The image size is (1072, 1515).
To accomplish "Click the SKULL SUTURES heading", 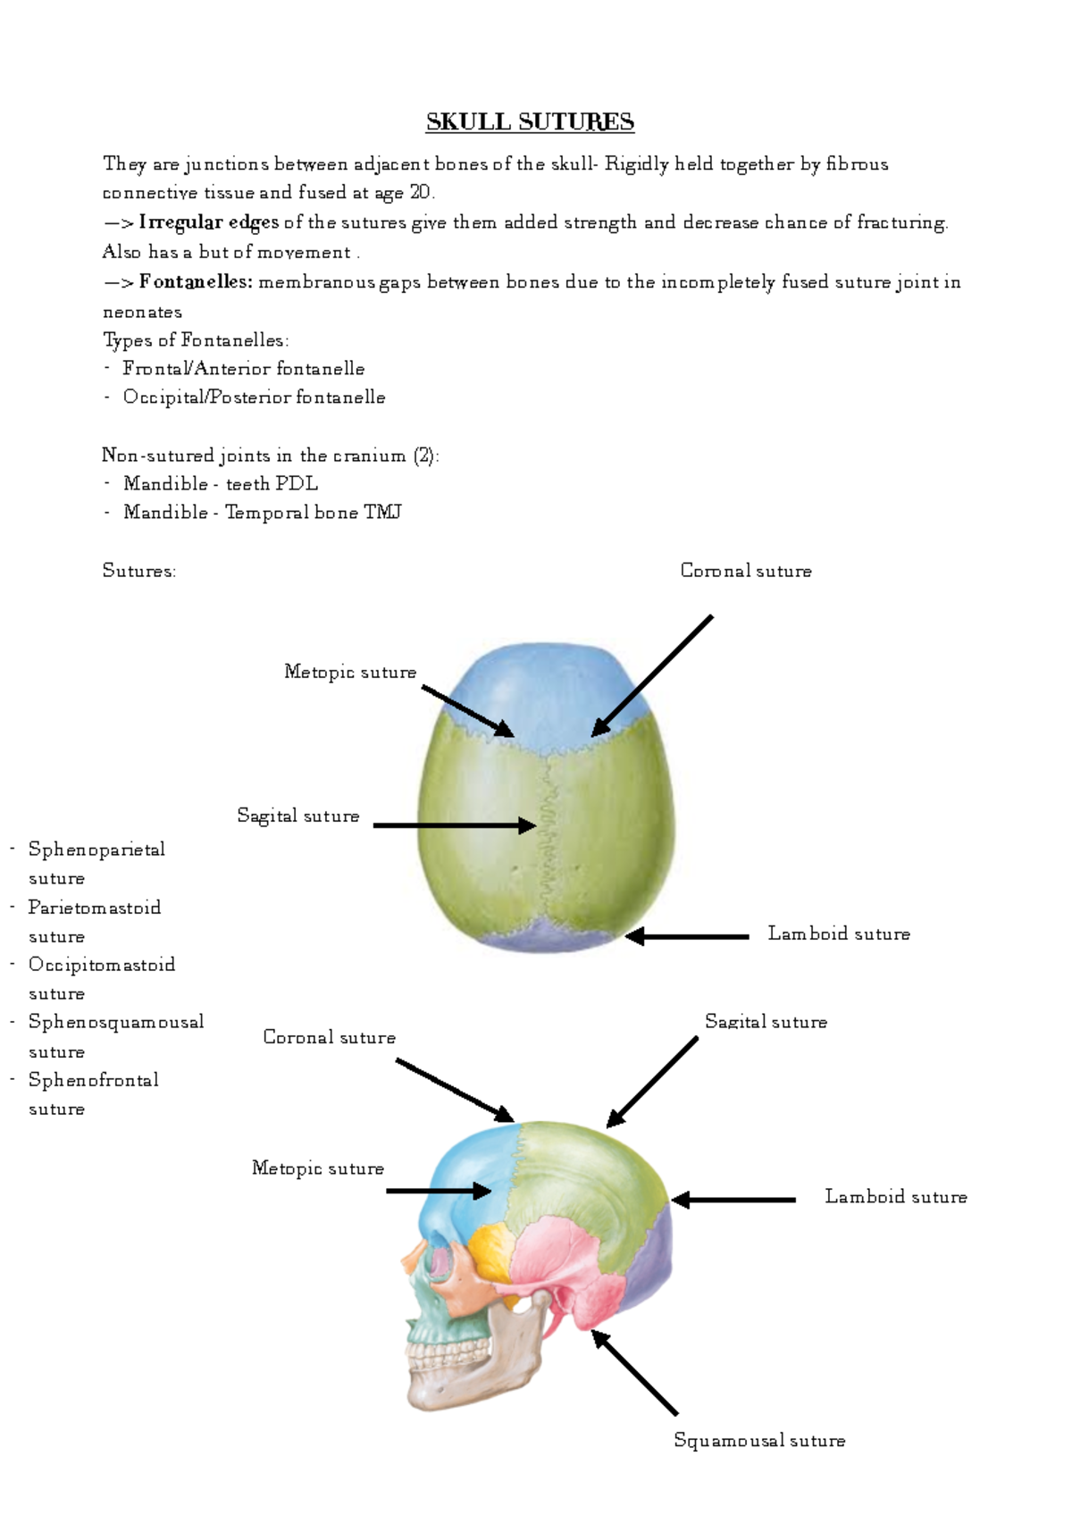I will tap(530, 121).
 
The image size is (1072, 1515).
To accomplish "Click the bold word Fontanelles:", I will tap(196, 282).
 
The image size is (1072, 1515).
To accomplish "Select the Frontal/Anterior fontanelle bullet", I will tap(243, 368).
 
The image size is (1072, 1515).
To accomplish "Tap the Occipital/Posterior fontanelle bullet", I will tap(254, 397).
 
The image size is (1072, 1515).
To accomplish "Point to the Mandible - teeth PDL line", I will tap(220, 483).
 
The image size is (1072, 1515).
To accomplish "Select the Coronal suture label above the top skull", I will tap(746, 571).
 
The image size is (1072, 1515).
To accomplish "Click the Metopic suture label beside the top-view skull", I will tap(350, 672).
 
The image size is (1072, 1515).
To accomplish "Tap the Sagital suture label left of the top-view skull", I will tap(297, 816).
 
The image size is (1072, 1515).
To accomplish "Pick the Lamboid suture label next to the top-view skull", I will tap(839, 933).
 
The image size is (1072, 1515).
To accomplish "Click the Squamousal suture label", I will tap(759, 1440).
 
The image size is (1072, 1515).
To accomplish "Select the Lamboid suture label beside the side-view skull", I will tap(895, 1197).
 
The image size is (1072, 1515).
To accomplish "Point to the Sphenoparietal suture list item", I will tap(96, 850).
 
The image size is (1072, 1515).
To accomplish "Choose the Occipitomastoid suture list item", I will tap(101, 965).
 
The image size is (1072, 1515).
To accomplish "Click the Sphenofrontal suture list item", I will tap(93, 1080).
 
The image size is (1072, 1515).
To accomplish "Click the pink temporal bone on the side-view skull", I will tap(563, 1260).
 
